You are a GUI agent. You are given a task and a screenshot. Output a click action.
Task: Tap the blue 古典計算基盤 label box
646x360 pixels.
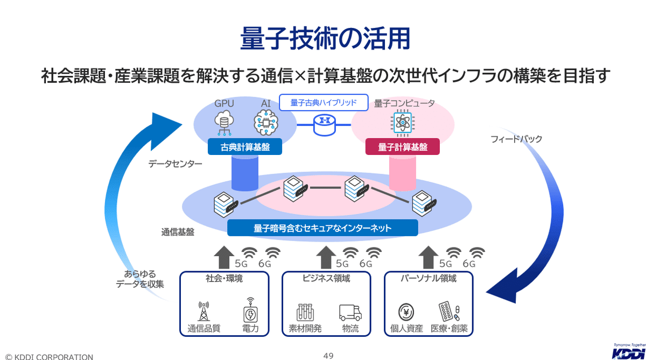(245, 147)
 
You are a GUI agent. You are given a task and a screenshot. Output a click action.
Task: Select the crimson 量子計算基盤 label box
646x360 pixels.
(403, 147)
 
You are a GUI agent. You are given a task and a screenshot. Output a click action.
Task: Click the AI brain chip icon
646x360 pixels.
(265, 123)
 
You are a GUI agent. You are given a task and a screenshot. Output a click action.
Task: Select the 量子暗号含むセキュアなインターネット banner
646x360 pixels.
(322, 228)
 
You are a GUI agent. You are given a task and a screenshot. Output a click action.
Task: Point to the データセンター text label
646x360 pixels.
(175, 164)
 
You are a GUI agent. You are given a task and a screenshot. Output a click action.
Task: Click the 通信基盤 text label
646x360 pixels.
(177, 232)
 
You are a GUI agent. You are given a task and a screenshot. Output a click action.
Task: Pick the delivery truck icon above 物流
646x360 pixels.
(350, 312)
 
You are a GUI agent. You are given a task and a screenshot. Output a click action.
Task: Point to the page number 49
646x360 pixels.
(328, 355)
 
